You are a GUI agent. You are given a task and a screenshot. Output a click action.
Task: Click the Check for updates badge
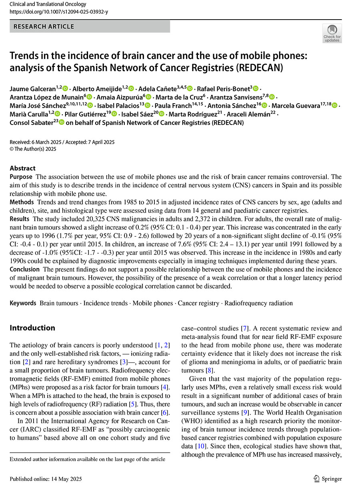(x=332, y=33)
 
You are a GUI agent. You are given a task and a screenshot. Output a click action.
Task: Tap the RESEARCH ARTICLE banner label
(x=44, y=26)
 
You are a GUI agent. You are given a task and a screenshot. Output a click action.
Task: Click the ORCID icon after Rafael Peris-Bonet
(x=256, y=88)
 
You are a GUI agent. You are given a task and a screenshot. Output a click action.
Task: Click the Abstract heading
(x=22, y=168)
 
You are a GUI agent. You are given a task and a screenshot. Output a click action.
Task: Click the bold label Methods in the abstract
(x=22, y=202)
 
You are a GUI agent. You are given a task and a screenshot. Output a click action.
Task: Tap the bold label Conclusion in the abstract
(x=25, y=269)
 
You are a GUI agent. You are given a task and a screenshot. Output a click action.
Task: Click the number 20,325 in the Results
(x=86, y=218)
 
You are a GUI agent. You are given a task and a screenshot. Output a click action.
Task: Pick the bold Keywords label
(x=23, y=303)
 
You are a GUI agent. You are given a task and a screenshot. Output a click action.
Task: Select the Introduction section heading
(x=32, y=328)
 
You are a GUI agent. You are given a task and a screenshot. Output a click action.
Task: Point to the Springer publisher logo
(x=328, y=479)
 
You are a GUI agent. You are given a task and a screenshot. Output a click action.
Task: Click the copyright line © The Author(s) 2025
(x=33, y=149)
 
